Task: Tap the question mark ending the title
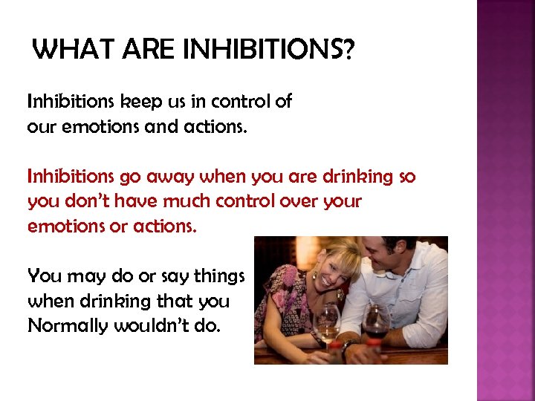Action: click(x=347, y=50)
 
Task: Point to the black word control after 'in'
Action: click(x=237, y=101)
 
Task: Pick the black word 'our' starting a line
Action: click(x=40, y=127)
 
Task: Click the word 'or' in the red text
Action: click(x=118, y=226)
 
